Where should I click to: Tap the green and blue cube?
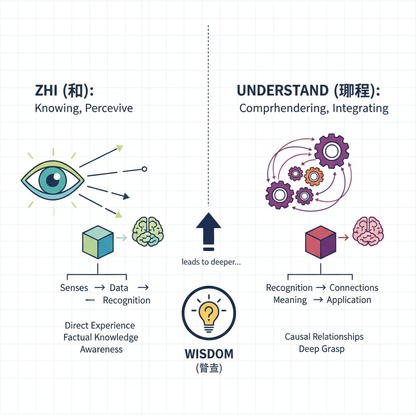coord(98,243)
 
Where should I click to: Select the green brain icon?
coord(148,232)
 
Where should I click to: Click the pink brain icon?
coord(368,231)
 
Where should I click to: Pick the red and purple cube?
coord(321,243)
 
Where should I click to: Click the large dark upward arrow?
coord(208,230)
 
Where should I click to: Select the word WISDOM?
coord(209,353)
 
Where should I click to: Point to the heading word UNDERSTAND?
coord(282,91)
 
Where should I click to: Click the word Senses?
coord(74,288)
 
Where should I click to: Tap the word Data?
coord(119,288)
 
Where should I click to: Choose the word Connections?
coord(354,288)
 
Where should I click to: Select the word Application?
coord(349,300)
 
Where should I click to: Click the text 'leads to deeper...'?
coord(211,262)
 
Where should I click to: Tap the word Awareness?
coord(102,349)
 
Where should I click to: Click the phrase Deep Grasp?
coord(322,349)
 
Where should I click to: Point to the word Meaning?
coord(290,300)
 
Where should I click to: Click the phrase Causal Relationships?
coord(324,337)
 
